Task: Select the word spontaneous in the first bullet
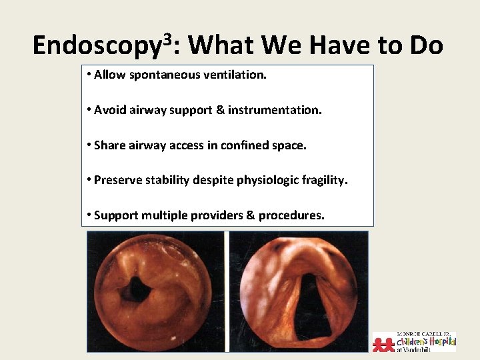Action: tap(159, 75)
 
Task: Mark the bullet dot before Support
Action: tap(89, 215)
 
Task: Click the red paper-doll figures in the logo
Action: tap(384, 343)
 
